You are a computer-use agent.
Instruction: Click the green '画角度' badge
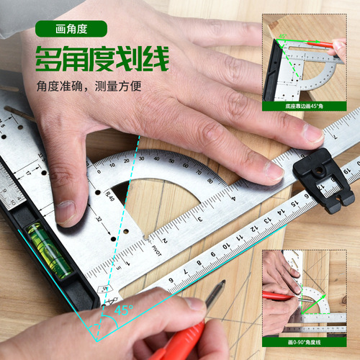click(70, 29)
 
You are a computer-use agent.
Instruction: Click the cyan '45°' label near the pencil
click(125, 311)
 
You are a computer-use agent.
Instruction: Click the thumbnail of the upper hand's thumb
click(64, 210)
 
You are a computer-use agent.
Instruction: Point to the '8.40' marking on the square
click(110, 196)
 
